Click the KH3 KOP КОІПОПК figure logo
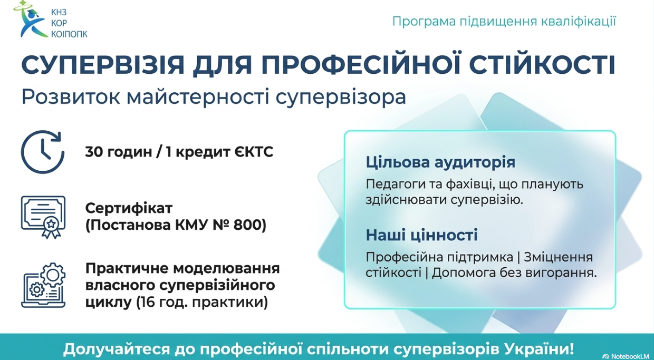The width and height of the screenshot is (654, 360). click(x=32, y=20)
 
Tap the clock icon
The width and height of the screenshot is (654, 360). click(x=43, y=152)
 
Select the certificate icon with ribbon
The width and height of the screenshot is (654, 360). click(x=43, y=216)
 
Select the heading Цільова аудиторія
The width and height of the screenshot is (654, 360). click(x=440, y=162)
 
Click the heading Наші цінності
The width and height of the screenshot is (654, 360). click(x=421, y=235)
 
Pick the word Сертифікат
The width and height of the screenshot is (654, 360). click(x=129, y=208)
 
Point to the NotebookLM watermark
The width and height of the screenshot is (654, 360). click(x=625, y=356)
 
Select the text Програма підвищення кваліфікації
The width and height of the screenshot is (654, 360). click(x=504, y=22)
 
